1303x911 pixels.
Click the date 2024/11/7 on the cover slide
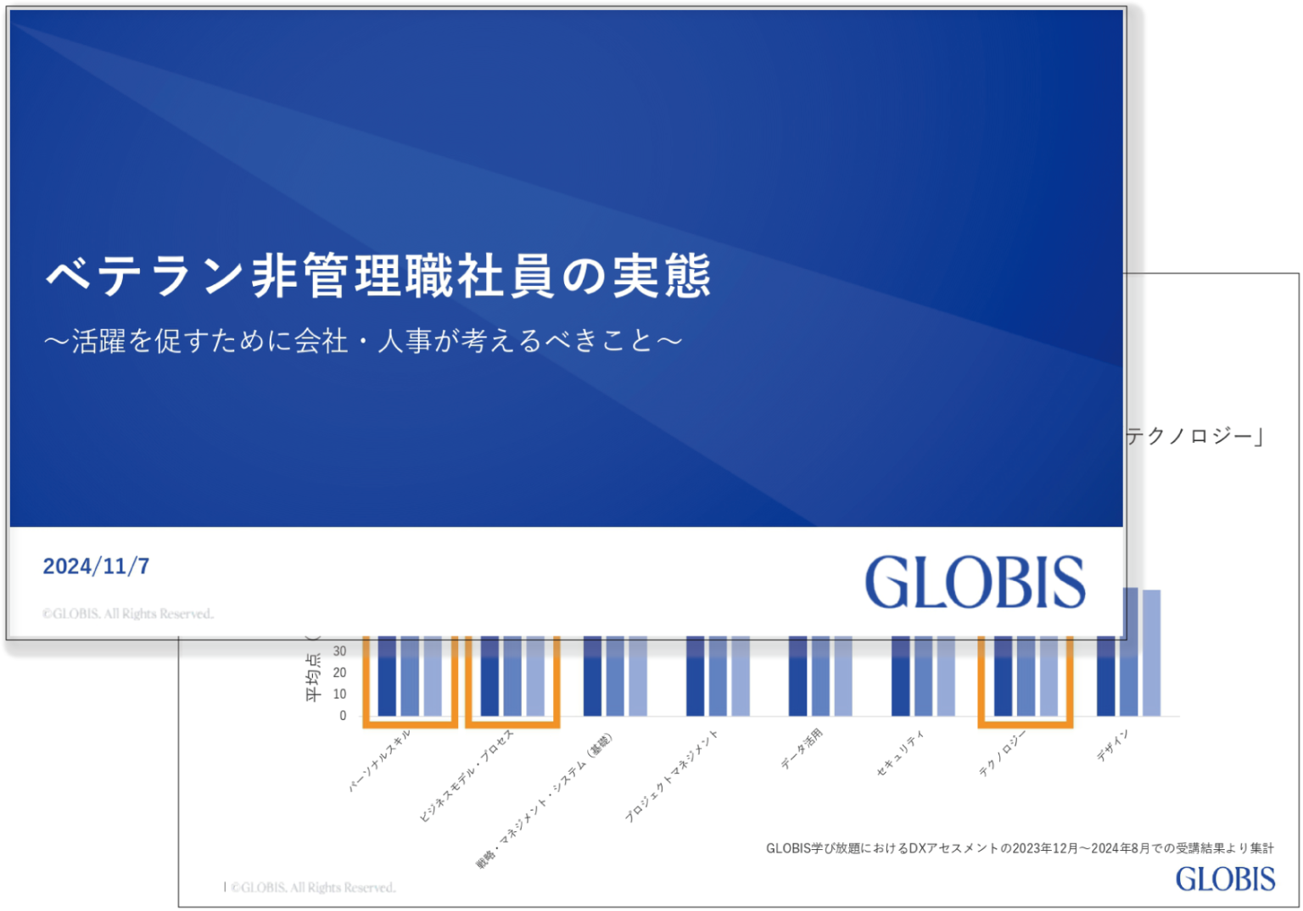coord(96,566)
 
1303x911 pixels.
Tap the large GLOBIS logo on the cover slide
coord(975,582)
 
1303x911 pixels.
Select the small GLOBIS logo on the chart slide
coord(1225,879)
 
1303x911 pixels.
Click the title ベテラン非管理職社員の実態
coord(377,277)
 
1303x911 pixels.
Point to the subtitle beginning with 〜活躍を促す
coord(363,341)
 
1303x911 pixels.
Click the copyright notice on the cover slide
coord(128,613)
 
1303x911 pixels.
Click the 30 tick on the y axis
coord(339,651)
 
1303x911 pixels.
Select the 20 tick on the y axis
coord(339,673)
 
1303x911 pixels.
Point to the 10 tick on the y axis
coord(339,694)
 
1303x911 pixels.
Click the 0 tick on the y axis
coord(343,716)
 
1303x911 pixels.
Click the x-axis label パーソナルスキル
coord(381,760)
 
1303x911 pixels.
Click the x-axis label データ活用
coord(802,749)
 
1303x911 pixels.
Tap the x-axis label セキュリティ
coord(900,754)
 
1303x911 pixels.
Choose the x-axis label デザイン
coord(1112,745)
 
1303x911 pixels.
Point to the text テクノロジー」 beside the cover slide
coord(1195,437)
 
